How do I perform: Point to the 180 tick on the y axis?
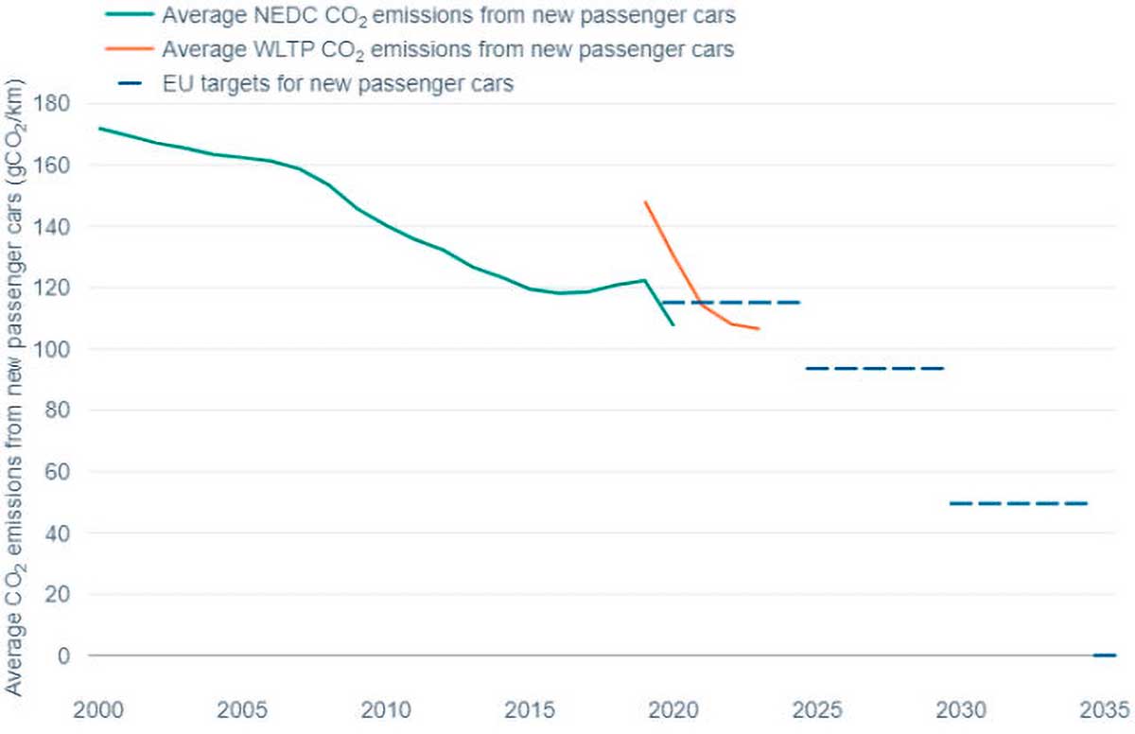pyautogui.click(x=61, y=103)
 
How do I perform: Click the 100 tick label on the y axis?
pyautogui.click(x=61, y=349)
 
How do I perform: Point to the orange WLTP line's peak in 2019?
pyautogui.click(x=644, y=201)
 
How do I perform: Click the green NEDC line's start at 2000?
pyautogui.click(x=99, y=128)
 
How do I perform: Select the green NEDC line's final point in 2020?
pyautogui.click(x=672, y=325)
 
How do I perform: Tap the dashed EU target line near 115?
pyautogui.click(x=730, y=303)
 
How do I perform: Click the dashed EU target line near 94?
pyautogui.click(x=875, y=368)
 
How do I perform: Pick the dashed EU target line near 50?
pyautogui.click(x=1019, y=503)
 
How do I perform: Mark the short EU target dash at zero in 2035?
pyautogui.click(x=1104, y=655)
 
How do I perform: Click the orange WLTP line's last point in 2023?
pyautogui.click(x=759, y=328)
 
